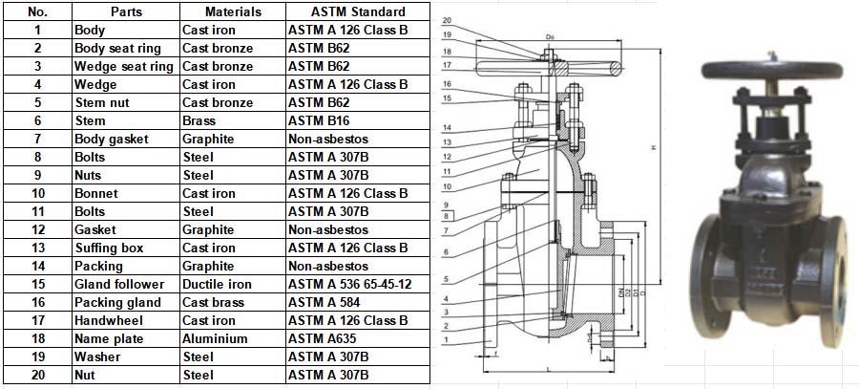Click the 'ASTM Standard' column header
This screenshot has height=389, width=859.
click(x=358, y=12)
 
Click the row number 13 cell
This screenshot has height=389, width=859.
click(x=37, y=249)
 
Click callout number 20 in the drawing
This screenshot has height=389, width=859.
click(x=449, y=20)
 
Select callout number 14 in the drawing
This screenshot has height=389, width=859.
click(x=448, y=127)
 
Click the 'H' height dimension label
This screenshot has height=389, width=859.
click(x=653, y=147)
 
